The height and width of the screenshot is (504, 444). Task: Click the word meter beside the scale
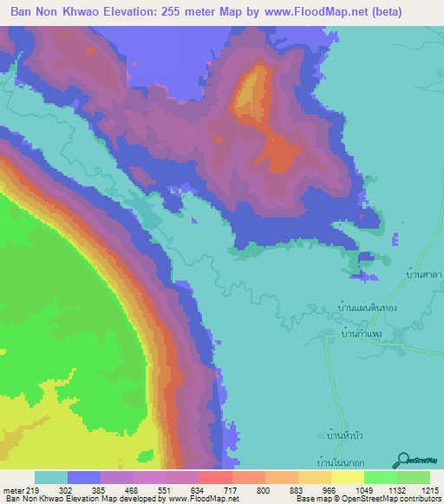(13, 489)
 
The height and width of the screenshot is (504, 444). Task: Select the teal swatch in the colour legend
(51, 477)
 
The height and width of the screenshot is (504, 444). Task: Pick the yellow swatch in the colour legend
(348, 477)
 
